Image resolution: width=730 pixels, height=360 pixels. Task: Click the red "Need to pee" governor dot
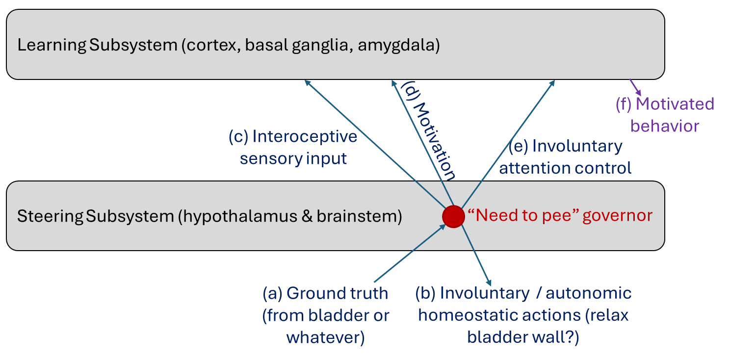pos(453,216)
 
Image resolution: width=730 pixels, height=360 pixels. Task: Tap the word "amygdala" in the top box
pos(398,46)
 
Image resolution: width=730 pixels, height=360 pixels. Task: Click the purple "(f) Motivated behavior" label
pos(665,115)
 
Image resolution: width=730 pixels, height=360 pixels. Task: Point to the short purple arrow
pos(636,87)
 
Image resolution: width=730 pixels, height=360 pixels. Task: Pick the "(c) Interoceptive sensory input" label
pos(293,147)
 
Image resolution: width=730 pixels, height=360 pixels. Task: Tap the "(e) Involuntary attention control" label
pos(565,157)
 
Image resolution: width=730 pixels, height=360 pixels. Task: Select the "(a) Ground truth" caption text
pos(325,293)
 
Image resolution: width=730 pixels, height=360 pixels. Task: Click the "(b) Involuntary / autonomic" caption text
pos(523,293)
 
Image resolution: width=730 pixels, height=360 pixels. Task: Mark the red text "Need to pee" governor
pos(560,216)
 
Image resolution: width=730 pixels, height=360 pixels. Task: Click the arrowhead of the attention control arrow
pos(552,83)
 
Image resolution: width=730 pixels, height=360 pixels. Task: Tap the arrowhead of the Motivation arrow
pos(394,83)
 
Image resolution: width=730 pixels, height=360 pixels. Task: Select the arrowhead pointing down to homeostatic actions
pos(488,282)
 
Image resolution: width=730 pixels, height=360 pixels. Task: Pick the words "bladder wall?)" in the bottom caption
pos(523,337)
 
